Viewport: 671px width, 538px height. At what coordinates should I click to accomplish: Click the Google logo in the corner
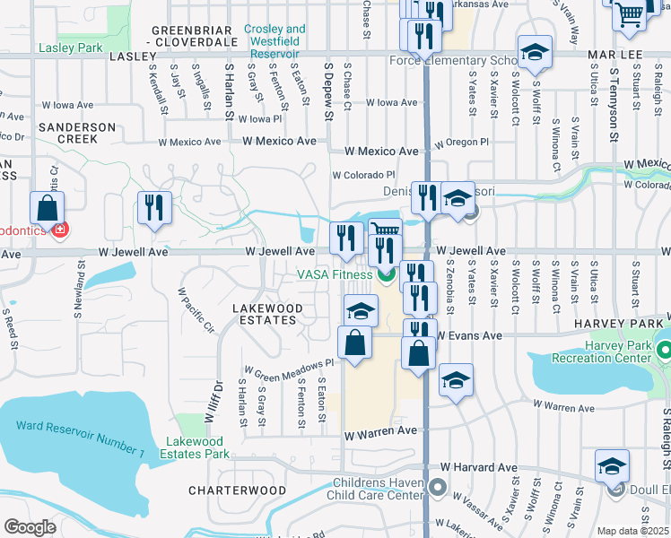pyautogui.click(x=30, y=527)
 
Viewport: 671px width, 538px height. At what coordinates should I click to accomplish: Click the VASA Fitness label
pyautogui.click(x=334, y=274)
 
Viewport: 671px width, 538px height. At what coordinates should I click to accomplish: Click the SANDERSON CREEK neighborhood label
pyautogui.click(x=76, y=133)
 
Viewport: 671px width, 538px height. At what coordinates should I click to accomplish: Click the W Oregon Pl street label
pyautogui.click(x=461, y=143)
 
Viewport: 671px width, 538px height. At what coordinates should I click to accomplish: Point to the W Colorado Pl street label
pyautogui.click(x=363, y=175)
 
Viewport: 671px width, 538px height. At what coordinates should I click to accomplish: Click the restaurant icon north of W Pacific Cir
pyautogui.click(x=152, y=209)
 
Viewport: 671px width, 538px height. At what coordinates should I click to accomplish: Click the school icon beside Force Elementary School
pyautogui.click(x=534, y=54)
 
